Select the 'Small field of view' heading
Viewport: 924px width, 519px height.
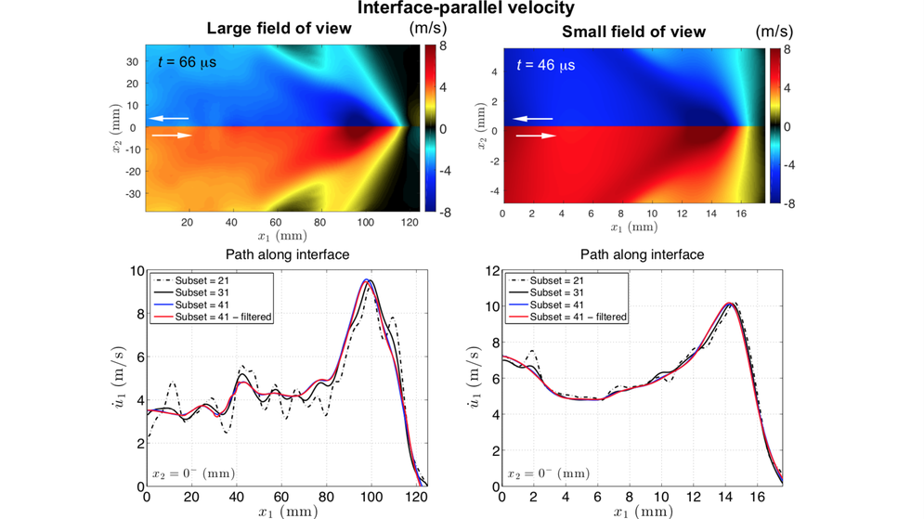(633, 32)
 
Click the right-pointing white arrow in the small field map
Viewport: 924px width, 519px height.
(536, 136)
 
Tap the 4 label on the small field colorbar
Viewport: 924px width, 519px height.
(787, 89)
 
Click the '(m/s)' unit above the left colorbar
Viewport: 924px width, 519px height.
(428, 29)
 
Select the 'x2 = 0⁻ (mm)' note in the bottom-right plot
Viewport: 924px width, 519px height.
(548, 473)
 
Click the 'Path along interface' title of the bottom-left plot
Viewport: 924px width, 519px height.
(287, 254)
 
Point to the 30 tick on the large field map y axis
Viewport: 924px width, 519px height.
(133, 62)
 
